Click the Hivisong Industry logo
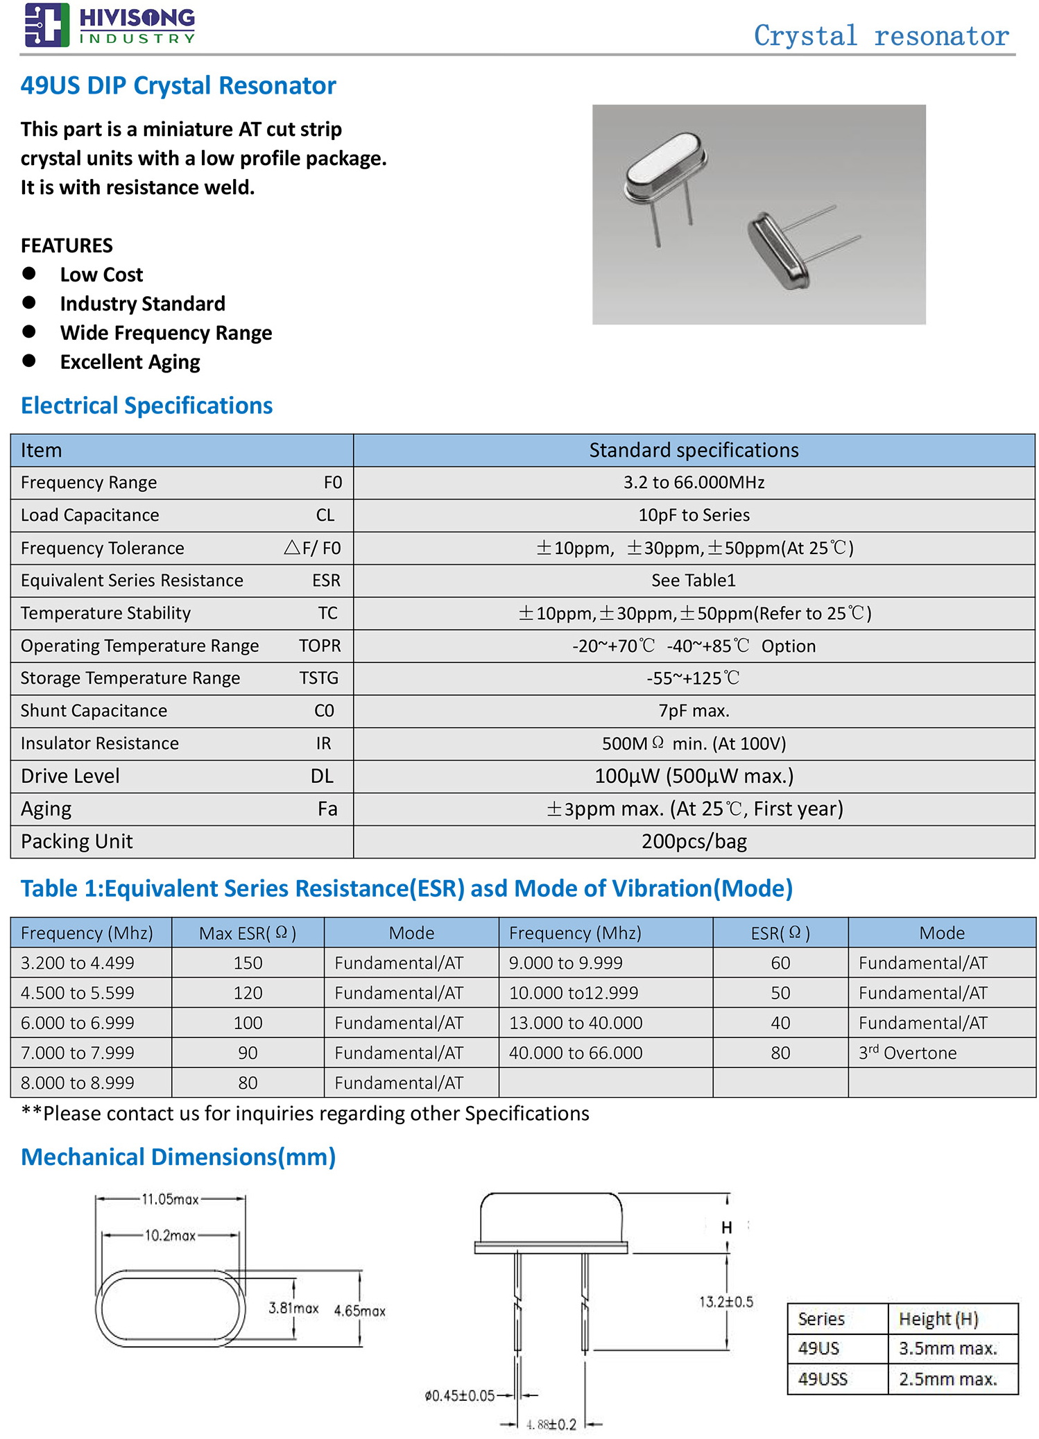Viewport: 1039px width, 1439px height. tap(110, 25)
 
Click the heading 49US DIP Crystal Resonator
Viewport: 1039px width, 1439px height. tap(178, 86)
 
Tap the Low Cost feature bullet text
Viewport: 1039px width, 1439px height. tap(101, 275)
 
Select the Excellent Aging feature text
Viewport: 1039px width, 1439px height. tap(130, 362)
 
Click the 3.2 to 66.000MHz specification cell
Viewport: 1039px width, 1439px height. tap(694, 483)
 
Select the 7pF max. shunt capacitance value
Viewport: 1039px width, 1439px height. tap(694, 711)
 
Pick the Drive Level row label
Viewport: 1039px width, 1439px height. tap(70, 776)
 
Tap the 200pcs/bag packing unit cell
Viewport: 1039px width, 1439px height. tap(694, 841)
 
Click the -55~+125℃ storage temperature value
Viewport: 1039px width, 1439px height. tap(694, 678)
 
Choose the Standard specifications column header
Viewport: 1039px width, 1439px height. tap(694, 450)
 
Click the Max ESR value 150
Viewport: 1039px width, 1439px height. tap(248, 963)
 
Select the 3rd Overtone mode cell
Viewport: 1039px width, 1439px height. tap(907, 1053)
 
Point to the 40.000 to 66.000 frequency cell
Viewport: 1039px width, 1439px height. tap(576, 1053)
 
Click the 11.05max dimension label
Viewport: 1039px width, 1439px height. tap(170, 1199)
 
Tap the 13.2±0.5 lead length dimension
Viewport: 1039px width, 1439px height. tap(726, 1302)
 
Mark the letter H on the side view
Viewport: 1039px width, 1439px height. tap(726, 1227)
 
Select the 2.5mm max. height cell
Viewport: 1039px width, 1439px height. tap(947, 1379)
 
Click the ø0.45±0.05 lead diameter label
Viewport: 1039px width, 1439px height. tap(459, 1395)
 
